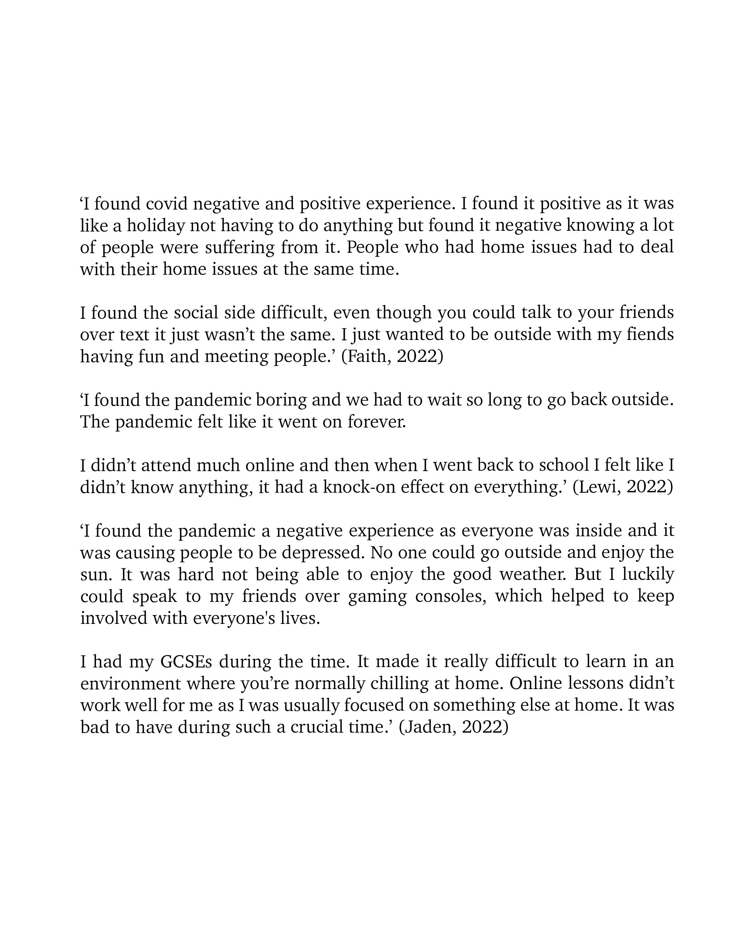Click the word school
tap(564, 466)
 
